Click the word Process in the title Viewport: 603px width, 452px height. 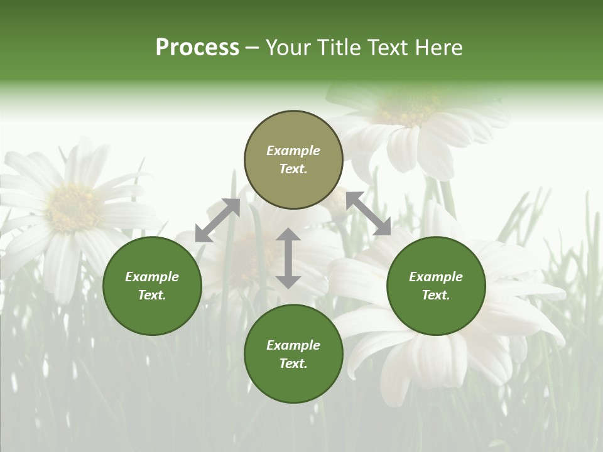[197, 48]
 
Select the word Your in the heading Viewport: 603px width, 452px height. [286, 48]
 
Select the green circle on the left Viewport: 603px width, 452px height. [152, 286]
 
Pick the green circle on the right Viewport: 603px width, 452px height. [436, 286]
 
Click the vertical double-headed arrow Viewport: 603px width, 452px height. [288, 258]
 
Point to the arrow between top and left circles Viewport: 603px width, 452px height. [217, 220]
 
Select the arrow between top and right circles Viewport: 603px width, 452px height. [368, 213]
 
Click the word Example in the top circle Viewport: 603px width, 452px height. [293, 151]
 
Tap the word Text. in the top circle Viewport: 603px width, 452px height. [293, 169]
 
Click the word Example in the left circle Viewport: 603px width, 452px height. [152, 277]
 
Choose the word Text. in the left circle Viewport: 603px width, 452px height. [152, 295]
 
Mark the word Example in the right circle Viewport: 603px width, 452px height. [436, 277]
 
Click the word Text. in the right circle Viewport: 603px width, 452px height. [436, 295]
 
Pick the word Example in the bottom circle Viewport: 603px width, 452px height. [293, 345]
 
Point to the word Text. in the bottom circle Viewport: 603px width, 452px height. [293, 363]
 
